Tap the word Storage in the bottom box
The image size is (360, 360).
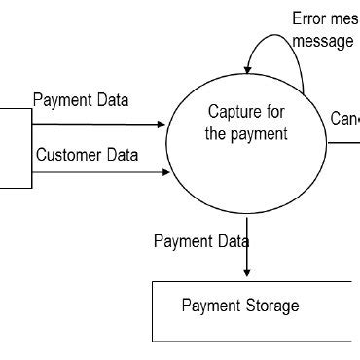(269, 306)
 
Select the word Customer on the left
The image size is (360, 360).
(67, 155)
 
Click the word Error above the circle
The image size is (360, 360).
(310, 19)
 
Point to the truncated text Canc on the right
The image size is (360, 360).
(344, 118)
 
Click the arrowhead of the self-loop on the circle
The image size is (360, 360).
(249, 67)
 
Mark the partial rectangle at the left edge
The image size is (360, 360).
(15, 147)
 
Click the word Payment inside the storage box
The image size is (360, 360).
(209, 306)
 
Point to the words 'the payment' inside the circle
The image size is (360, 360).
(247, 134)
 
